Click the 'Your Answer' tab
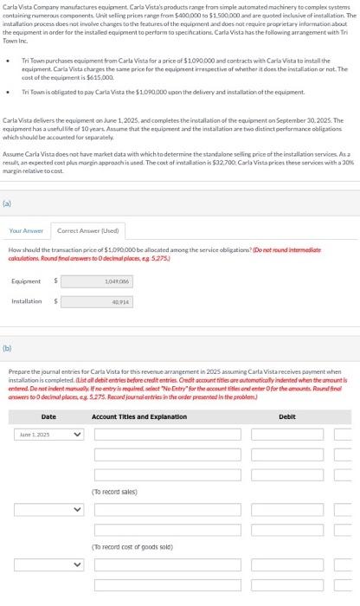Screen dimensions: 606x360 tap(26, 230)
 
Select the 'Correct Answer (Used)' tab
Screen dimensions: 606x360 tap(76, 230)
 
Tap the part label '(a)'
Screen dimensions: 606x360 tap(9, 206)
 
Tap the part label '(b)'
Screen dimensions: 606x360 tap(9, 349)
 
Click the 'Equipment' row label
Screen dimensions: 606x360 tap(26, 281)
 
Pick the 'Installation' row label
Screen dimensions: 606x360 tap(26, 301)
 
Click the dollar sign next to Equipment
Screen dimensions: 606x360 tap(56, 281)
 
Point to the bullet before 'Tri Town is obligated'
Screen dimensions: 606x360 tap(7, 91)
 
